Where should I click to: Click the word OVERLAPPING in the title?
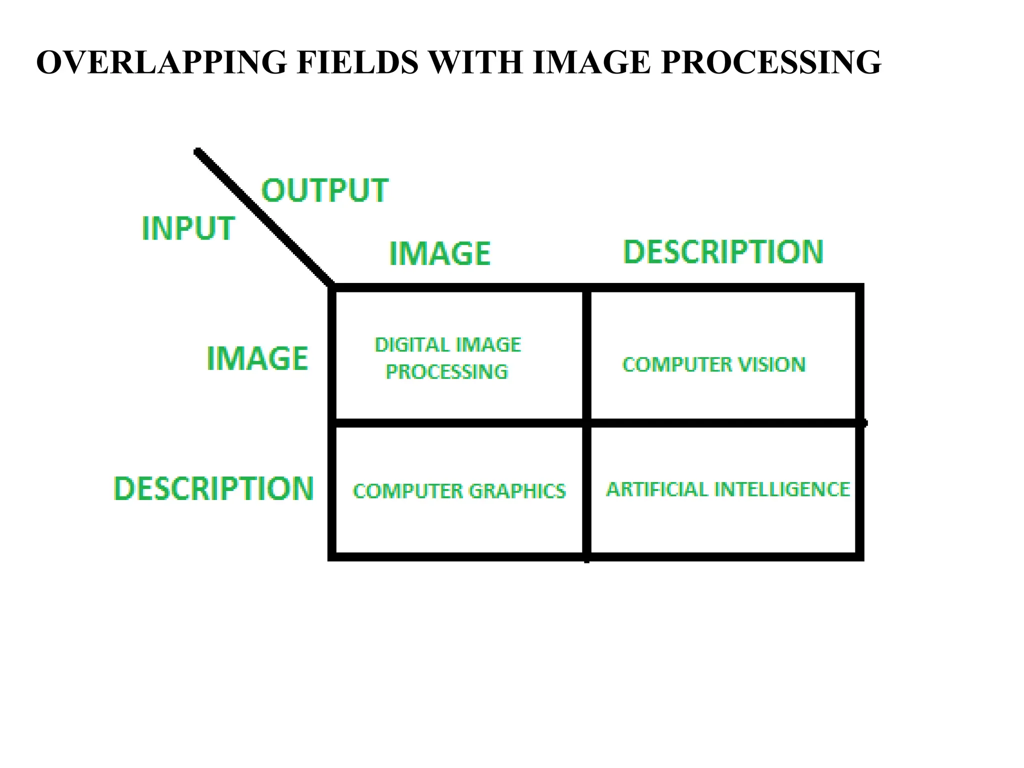point(161,62)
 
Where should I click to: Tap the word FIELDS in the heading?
point(357,62)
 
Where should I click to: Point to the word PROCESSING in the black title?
point(770,62)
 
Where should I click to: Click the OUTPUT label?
point(325,190)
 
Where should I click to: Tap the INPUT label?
point(188,228)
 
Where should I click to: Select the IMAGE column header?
point(440,253)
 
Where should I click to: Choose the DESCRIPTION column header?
point(723,251)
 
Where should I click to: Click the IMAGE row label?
point(257,358)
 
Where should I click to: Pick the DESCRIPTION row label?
point(214,488)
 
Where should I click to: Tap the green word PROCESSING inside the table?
point(446,372)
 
